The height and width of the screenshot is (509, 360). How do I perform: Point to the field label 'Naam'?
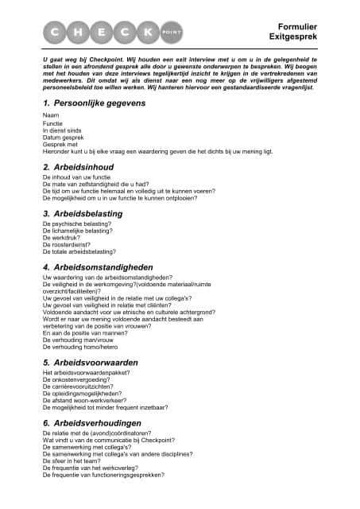tap(50, 117)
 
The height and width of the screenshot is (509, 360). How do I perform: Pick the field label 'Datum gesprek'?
tap(62, 137)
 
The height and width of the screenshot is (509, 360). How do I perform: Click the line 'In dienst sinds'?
tap(62, 130)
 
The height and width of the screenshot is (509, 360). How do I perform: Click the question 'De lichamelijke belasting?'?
tap(75, 231)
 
